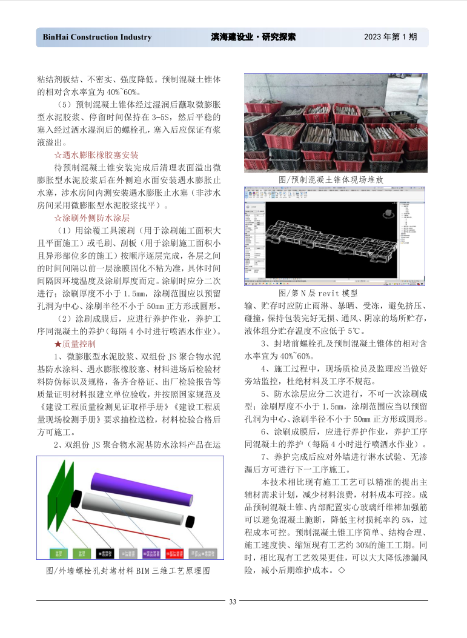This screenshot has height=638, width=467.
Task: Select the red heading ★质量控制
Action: point(75,344)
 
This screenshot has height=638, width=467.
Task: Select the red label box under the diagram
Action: point(174,553)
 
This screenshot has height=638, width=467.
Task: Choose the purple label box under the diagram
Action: point(151,553)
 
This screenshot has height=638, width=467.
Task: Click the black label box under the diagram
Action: point(105,553)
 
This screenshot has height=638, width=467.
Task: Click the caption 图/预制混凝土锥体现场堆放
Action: point(331,180)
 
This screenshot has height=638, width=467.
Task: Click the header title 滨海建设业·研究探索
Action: point(250,37)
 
